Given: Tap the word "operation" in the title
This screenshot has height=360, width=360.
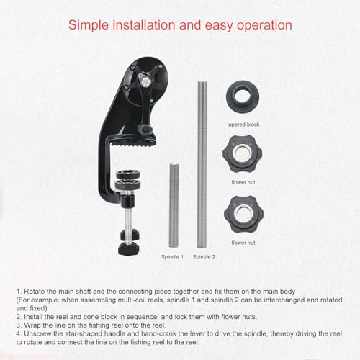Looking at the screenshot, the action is click(264, 26).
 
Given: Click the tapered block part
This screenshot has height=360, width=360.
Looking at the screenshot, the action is click(243, 96).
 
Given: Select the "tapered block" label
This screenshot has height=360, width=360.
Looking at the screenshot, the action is click(243, 125).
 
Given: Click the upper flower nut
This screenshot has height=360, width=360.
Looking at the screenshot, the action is click(243, 154).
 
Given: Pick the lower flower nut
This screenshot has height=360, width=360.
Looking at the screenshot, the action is click(243, 214).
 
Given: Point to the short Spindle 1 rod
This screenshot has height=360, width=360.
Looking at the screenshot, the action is click(174, 205).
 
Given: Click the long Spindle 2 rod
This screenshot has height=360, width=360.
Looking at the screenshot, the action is click(202, 165).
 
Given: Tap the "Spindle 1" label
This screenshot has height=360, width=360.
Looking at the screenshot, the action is click(172, 257).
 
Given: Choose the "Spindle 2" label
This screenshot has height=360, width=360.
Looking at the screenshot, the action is click(204, 257).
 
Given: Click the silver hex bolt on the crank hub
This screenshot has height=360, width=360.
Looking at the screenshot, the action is click(145, 81).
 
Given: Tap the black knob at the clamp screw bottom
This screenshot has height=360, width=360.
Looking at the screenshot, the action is click(128, 248).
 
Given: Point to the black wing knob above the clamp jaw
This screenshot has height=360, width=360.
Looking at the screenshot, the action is click(147, 130).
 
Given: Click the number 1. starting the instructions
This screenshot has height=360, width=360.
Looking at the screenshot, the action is click(19, 292).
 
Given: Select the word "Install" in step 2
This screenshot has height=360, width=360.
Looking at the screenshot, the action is click(33, 317).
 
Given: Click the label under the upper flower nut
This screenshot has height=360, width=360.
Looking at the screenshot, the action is click(243, 182).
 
